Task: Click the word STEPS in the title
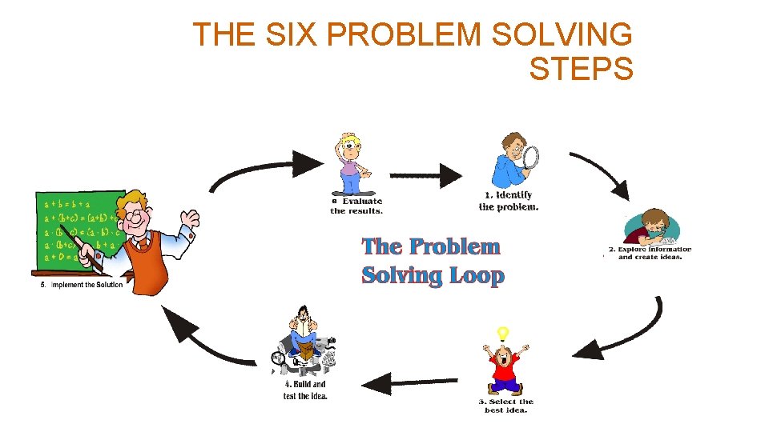(581, 69)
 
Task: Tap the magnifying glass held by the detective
(531, 157)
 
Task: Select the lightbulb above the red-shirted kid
(502, 333)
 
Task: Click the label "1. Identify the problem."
(509, 201)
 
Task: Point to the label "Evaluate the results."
(356, 206)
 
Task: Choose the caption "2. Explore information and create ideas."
(650, 253)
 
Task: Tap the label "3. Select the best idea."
(505, 406)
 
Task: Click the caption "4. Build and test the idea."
(305, 390)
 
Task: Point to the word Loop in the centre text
(476, 276)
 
